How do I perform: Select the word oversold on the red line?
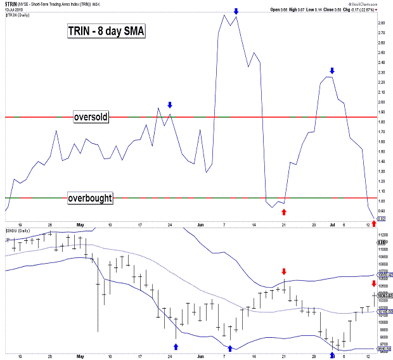pyautogui.click(x=91, y=117)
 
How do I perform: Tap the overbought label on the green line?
pyautogui.click(x=90, y=198)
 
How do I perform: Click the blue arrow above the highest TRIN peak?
pyautogui.click(x=236, y=11)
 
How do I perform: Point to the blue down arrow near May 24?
pyautogui.click(x=170, y=105)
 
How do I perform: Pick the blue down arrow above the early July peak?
pyautogui.click(x=332, y=70)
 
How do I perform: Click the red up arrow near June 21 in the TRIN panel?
pyautogui.click(x=283, y=211)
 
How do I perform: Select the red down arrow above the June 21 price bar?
pyautogui.click(x=283, y=271)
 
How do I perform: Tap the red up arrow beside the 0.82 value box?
pyautogui.click(x=373, y=223)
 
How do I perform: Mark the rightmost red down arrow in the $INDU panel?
pyautogui.click(x=373, y=283)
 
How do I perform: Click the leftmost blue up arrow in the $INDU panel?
pyautogui.click(x=176, y=346)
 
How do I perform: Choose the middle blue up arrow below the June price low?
pyautogui.click(x=231, y=347)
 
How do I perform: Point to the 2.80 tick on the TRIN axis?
pyautogui.click(x=382, y=23)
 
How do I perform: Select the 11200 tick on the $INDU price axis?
pyautogui.click(x=383, y=235)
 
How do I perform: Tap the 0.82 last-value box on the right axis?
pyautogui.click(x=382, y=218)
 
